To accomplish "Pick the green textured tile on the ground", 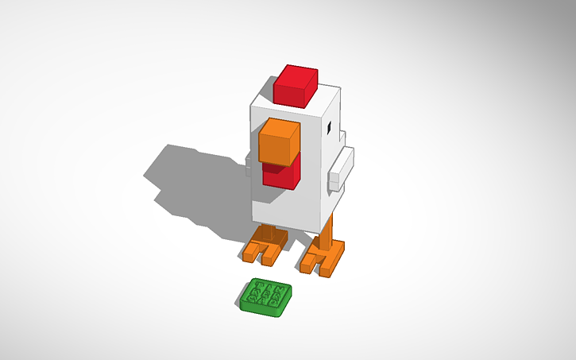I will [x=266, y=298].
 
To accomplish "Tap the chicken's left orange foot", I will [x=263, y=246].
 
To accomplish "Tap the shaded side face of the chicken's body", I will [x=328, y=191].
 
